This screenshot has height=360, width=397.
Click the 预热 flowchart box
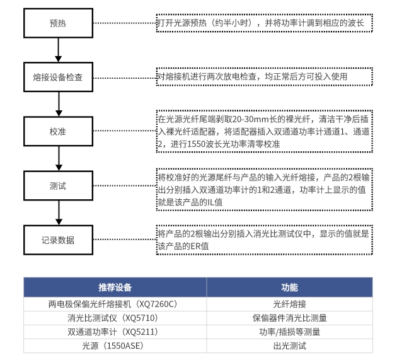coord(58,23)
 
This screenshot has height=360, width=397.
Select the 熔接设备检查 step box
coord(58,77)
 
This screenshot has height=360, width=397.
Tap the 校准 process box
coord(58,131)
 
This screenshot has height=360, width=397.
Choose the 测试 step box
coord(58,186)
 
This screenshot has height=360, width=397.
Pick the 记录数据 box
coord(58,240)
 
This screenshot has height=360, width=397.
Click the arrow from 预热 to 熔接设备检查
coord(59,50)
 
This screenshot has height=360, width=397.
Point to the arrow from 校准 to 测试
coord(59,159)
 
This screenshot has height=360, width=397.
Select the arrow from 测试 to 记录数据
coord(59,213)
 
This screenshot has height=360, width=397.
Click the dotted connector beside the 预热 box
coord(125,23)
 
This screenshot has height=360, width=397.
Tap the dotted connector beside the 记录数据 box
coord(125,240)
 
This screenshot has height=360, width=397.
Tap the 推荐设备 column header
coord(115,287)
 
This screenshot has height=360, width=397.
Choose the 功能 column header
coord(289,287)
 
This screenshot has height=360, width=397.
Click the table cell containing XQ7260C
coord(115,304)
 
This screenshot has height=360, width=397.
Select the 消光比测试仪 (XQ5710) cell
coord(115,318)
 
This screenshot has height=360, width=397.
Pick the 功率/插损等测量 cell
coord(289,332)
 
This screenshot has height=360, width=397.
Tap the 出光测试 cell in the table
coord(289,345)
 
